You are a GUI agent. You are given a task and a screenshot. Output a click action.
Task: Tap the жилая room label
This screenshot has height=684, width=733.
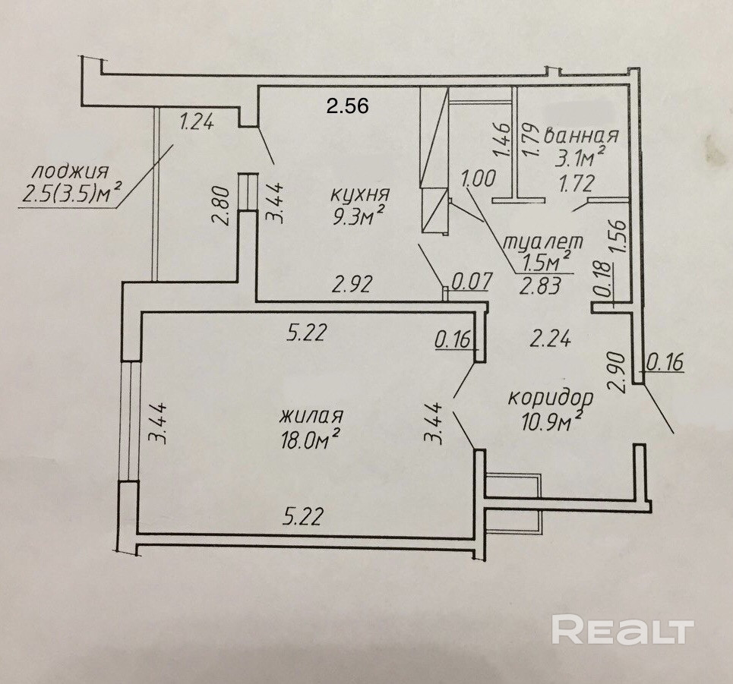(x=312, y=417)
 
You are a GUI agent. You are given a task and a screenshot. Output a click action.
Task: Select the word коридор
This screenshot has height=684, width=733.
(x=551, y=398)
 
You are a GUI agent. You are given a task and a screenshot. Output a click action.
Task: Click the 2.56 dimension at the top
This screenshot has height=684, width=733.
(x=347, y=106)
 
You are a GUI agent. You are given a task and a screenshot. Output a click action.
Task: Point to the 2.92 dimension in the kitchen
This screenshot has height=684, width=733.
(x=355, y=285)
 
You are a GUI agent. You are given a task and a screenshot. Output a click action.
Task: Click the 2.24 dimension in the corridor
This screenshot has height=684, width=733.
(x=551, y=339)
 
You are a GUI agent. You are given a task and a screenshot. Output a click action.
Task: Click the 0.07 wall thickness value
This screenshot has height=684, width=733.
(x=472, y=281)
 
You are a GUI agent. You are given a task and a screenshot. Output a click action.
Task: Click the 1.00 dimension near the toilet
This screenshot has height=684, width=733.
(x=479, y=178)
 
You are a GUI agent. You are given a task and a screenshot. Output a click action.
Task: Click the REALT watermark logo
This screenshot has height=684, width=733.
(x=622, y=630)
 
